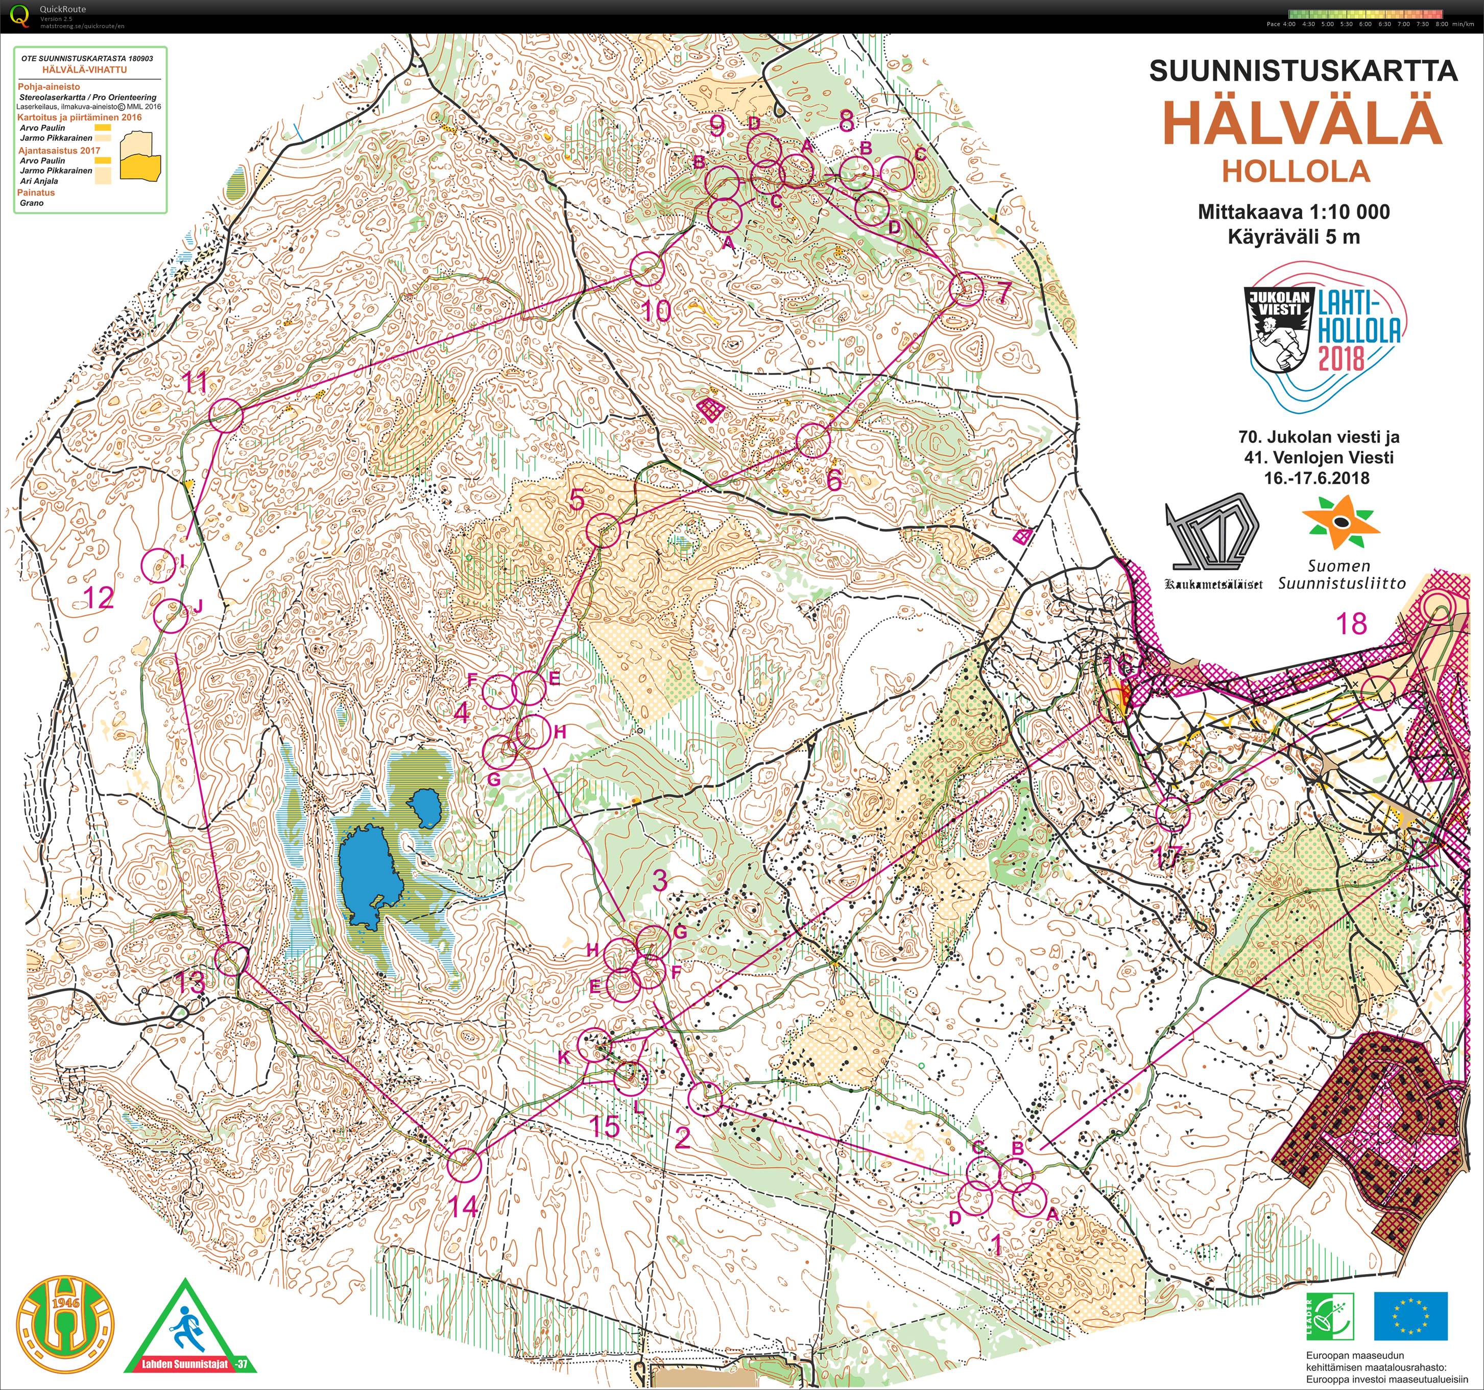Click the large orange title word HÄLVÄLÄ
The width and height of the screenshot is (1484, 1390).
point(1303,125)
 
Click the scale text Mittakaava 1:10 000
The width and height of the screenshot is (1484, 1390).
point(1294,212)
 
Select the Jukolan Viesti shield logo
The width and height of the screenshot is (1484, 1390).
point(1279,330)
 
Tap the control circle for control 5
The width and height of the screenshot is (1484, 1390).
point(603,530)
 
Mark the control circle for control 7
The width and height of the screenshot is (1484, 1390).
point(967,289)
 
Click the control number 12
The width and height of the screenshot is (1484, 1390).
point(99,598)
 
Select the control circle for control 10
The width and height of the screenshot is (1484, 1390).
point(647,270)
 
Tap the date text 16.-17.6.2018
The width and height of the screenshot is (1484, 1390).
point(1317,478)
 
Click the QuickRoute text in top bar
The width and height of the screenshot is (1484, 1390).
point(63,9)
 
